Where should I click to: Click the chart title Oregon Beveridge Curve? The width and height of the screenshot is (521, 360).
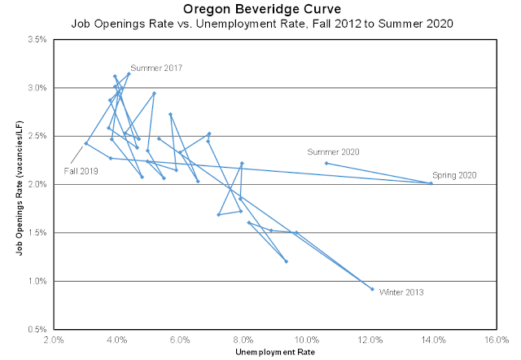(260, 9)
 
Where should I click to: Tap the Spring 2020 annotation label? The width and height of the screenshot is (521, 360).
(453, 174)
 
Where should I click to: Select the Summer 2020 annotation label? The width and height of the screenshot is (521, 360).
(333, 151)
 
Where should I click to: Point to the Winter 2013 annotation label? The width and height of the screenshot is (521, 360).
(401, 292)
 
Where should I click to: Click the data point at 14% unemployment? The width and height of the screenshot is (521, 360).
(431, 183)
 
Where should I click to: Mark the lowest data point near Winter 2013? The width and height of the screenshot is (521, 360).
(372, 289)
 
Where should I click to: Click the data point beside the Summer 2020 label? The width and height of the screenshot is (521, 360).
(326, 163)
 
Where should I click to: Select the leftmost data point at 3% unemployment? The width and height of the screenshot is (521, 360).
(86, 143)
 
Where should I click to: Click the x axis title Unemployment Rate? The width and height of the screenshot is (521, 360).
(274, 353)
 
